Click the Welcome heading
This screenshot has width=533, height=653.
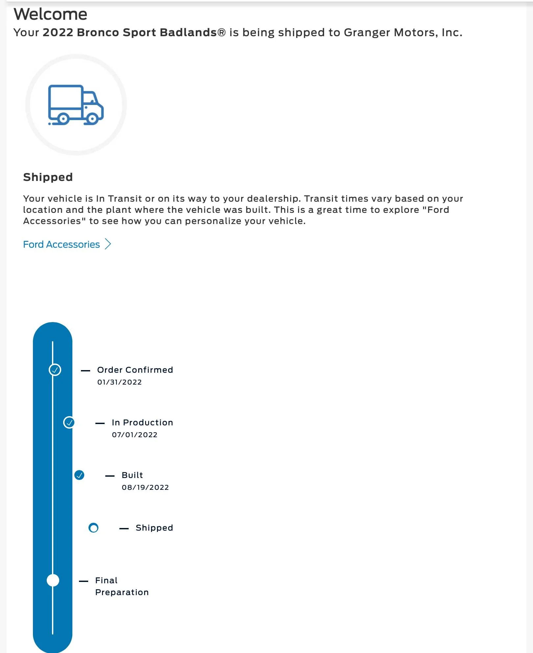click(x=50, y=14)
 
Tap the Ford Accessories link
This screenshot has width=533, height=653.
click(x=61, y=244)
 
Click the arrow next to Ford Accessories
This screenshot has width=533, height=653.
click(x=108, y=244)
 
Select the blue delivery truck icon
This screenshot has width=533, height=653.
click(x=76, y=105)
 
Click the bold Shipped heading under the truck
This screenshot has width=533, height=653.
click(x=48, y=177)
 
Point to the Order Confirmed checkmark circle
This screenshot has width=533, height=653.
click(x=55, y=370)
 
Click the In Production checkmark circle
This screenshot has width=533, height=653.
click(x=69, y=422)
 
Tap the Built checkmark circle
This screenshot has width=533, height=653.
click(x=79, y=475)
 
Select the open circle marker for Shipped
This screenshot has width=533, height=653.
click(x=93, y=528)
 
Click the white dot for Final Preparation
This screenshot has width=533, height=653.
click(x=53, y=580)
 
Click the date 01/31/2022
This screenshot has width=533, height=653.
click(x=119, y=382)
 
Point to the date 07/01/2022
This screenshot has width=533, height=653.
click(x=135, y=435)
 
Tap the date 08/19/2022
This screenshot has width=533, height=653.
click(x=145, y=488)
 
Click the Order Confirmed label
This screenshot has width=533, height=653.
click(x=135, y=370)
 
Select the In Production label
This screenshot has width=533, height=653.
click(x=142, y=422)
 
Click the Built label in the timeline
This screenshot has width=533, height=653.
click(x=132, y=475)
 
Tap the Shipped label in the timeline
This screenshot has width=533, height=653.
click(x=154, y=528)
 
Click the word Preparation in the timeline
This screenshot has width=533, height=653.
click(x=122, y=592)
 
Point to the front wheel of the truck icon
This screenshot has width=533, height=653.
click(x=92, y=118)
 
